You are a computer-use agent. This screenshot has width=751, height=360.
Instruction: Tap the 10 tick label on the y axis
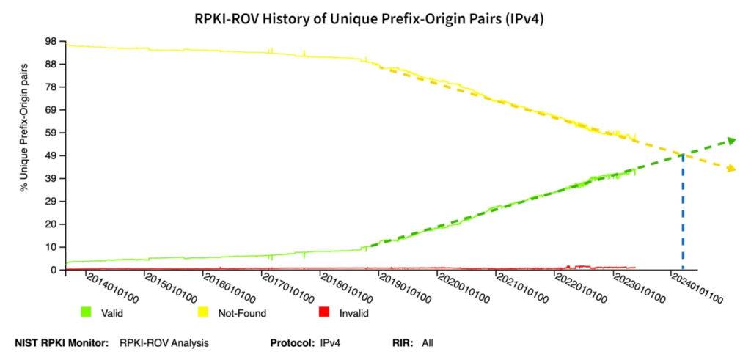point(53,247)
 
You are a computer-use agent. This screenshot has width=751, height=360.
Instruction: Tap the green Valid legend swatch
point(86,313)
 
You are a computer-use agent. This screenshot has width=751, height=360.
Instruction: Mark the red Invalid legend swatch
point(323,313)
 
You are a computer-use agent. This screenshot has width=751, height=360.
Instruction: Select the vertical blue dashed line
point(684,213)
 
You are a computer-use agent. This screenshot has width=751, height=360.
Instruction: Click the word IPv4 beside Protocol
point(331,342)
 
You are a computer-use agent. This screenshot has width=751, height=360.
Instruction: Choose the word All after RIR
point(428,342)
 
